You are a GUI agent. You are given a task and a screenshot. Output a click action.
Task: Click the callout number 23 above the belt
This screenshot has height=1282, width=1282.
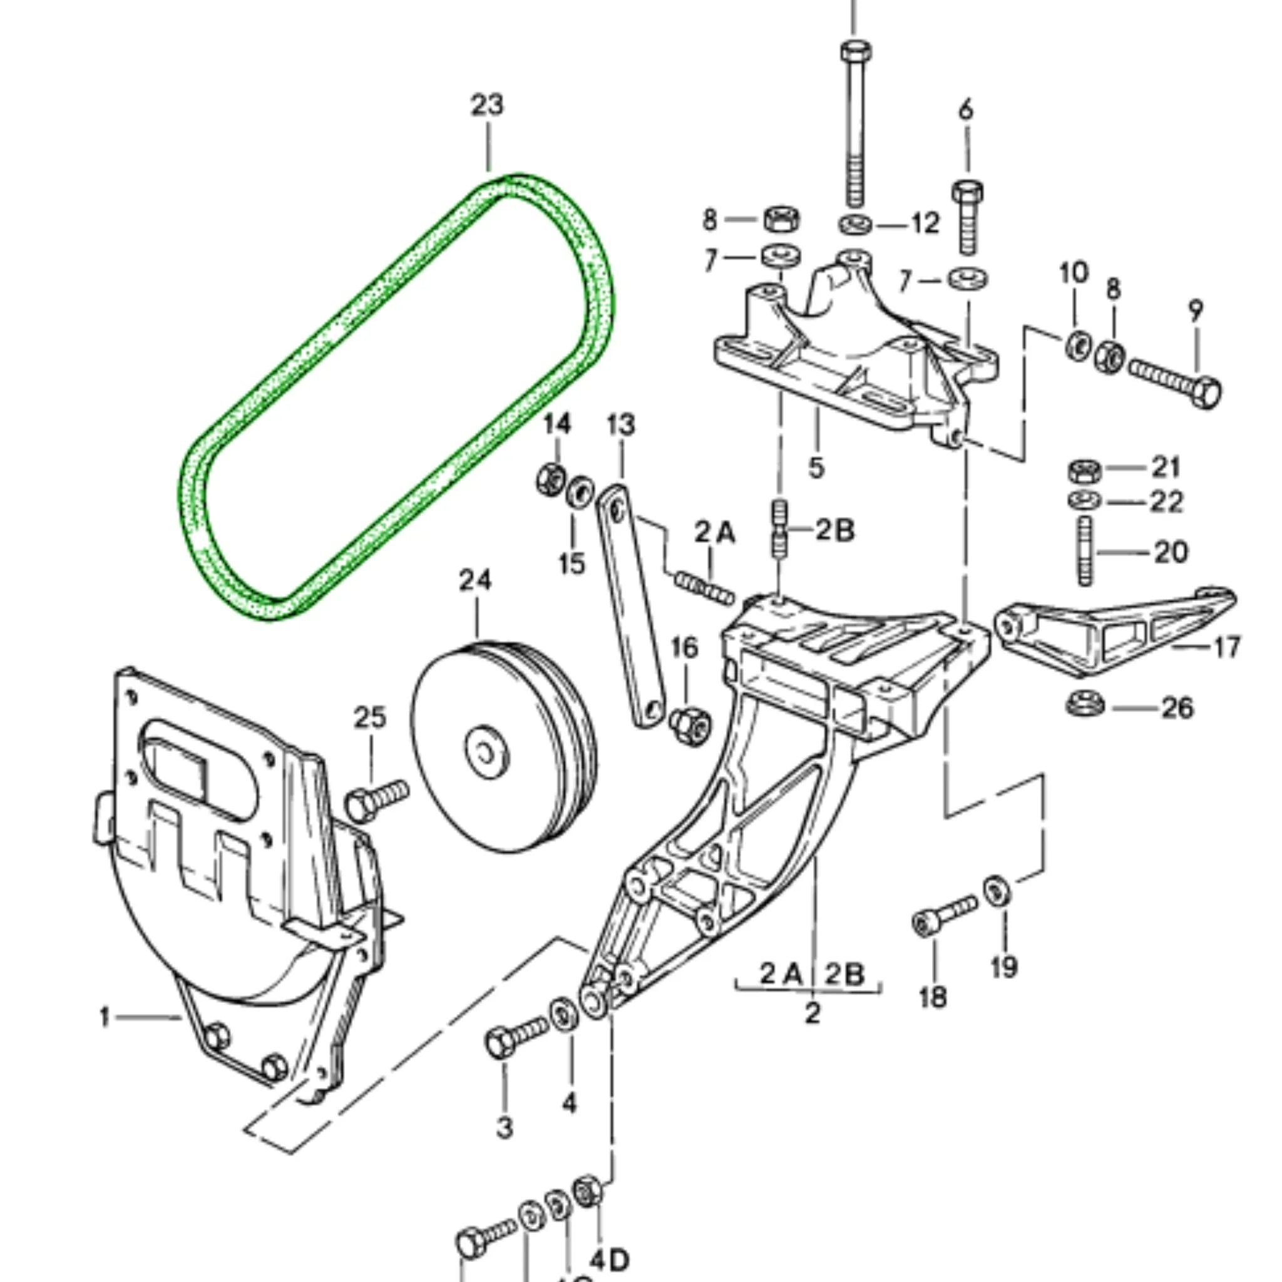click(487, 105)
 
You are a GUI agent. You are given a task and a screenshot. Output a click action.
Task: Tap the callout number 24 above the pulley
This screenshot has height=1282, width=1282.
click(475, 581)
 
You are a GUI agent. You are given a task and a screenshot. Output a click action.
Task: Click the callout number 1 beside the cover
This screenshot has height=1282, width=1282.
click(104, 1017)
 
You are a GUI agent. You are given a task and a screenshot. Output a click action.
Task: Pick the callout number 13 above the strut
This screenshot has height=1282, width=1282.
click(620, 424)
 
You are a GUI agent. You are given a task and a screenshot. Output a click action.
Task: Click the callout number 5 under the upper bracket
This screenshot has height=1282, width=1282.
click(816, 467)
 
